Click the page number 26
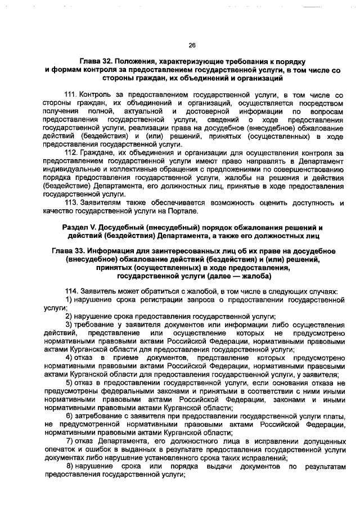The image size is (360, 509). (191, 45)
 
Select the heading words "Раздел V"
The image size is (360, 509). (77, 226)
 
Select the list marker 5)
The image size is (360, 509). (69, 383)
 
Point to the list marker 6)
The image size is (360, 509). (69, 416)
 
